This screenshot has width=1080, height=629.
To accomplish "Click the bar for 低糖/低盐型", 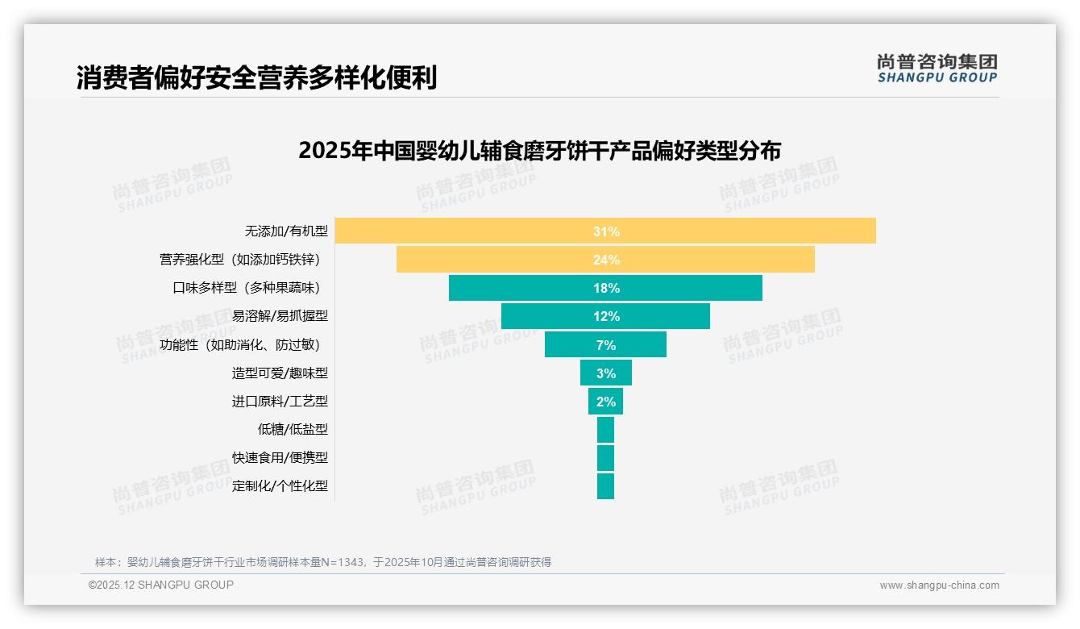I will pyautogui.click(x=605, y=430).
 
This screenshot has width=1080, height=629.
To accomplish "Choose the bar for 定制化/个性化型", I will pyautogui.click(x=605, y=486).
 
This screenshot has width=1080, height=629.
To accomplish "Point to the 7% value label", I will pyautogui.click(x=606, y=345).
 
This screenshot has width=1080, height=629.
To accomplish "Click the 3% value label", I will pyautogui.click(x=606, y=373).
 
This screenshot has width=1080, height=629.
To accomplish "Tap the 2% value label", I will pyautogui.click(x=606, y=402).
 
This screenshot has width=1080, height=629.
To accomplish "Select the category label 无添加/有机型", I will pyautogui.click(x=286, y=231).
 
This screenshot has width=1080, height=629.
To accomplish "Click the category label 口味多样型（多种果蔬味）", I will pyautogui.click(x=251, y=288).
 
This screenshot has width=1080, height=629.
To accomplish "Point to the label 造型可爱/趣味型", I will pyautogui.click(x=280, y=373).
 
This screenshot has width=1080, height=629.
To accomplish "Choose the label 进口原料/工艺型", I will pyautogui.click(x=280, y=402).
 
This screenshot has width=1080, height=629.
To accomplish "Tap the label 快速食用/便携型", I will pyautogui.click(x=280, y=458).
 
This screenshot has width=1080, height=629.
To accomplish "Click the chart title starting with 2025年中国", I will pyautogui.click(x=539, y=152).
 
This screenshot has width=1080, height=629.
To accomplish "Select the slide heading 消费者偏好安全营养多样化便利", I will pyautogui.click(x=256, y=78).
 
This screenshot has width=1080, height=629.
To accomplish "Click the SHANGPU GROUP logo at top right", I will pyautogui.click(x=937, y=69).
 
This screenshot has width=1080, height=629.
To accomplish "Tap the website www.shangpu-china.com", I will pyautogui.click(x=939, y=585).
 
